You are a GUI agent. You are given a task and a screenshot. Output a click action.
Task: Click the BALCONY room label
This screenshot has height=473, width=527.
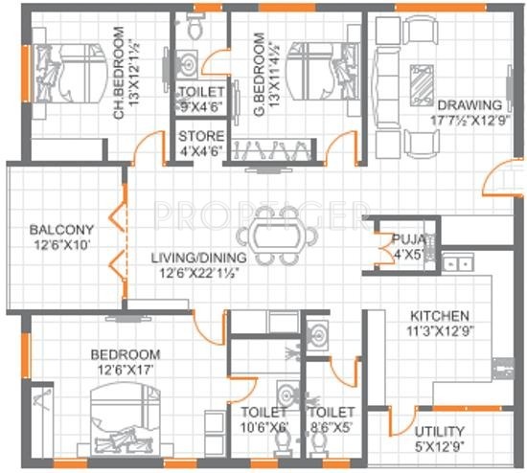click(x=60, y=230)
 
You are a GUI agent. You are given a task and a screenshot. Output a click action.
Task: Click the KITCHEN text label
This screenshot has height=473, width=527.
click(x=439, y=316)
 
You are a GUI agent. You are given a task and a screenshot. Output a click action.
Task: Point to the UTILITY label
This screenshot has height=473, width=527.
click(x=441, y=431)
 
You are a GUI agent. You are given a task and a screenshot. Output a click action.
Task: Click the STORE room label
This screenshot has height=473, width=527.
click(x=201, y=136)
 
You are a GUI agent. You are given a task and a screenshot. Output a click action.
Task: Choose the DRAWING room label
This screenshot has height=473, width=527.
click(x=470, y=105)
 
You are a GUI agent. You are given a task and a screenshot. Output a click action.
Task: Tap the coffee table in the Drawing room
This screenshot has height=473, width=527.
click(x=420, y=91)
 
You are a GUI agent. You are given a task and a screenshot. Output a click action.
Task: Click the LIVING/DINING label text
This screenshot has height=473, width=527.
click(x=200, y=259)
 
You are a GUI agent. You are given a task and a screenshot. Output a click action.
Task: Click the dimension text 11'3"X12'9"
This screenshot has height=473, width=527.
click(x=439, y=331)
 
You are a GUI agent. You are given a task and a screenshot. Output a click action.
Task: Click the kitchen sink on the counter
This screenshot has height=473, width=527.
click(x=451, y=260)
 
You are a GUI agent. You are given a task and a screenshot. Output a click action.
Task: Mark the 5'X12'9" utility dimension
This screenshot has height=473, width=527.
click(x=441, y=446)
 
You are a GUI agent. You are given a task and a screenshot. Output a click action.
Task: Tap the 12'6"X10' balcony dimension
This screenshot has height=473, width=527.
click(x=60, y=245)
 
